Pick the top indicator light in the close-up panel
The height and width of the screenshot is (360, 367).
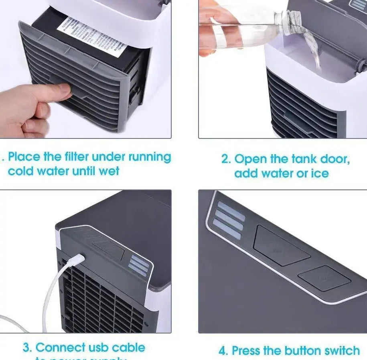click(231, 211)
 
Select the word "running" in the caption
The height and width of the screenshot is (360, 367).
click(149, 157)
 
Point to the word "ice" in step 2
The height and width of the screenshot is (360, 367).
click(319, 173)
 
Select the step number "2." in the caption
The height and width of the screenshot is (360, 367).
click(226, 159)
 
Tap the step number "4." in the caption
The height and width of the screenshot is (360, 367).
click(223, 350)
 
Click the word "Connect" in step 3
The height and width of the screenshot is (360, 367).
click(60, 347)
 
